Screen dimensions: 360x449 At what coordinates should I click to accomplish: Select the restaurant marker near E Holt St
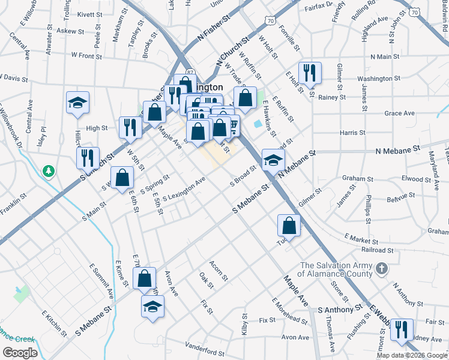pyautogui.click(x=310, y=74)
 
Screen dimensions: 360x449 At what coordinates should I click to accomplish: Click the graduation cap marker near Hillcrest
pyautogui.click(x=77, y=103)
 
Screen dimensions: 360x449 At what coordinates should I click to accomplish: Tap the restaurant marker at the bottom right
pyautogui.click(x=401, y=330)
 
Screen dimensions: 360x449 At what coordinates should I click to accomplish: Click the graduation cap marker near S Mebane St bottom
pyautogui.click(x=152, y=307)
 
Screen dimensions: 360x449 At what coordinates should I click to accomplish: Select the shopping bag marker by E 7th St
pyautogui.click(x=144, y=279)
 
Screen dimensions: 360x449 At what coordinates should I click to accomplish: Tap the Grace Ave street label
pyautogui.click(x=400, y=113)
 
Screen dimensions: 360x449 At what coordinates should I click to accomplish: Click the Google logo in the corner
pyautogui.click(x=19, y=353)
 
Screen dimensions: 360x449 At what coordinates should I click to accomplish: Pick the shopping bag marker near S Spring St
pyautogui.click(x=122, y=178)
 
